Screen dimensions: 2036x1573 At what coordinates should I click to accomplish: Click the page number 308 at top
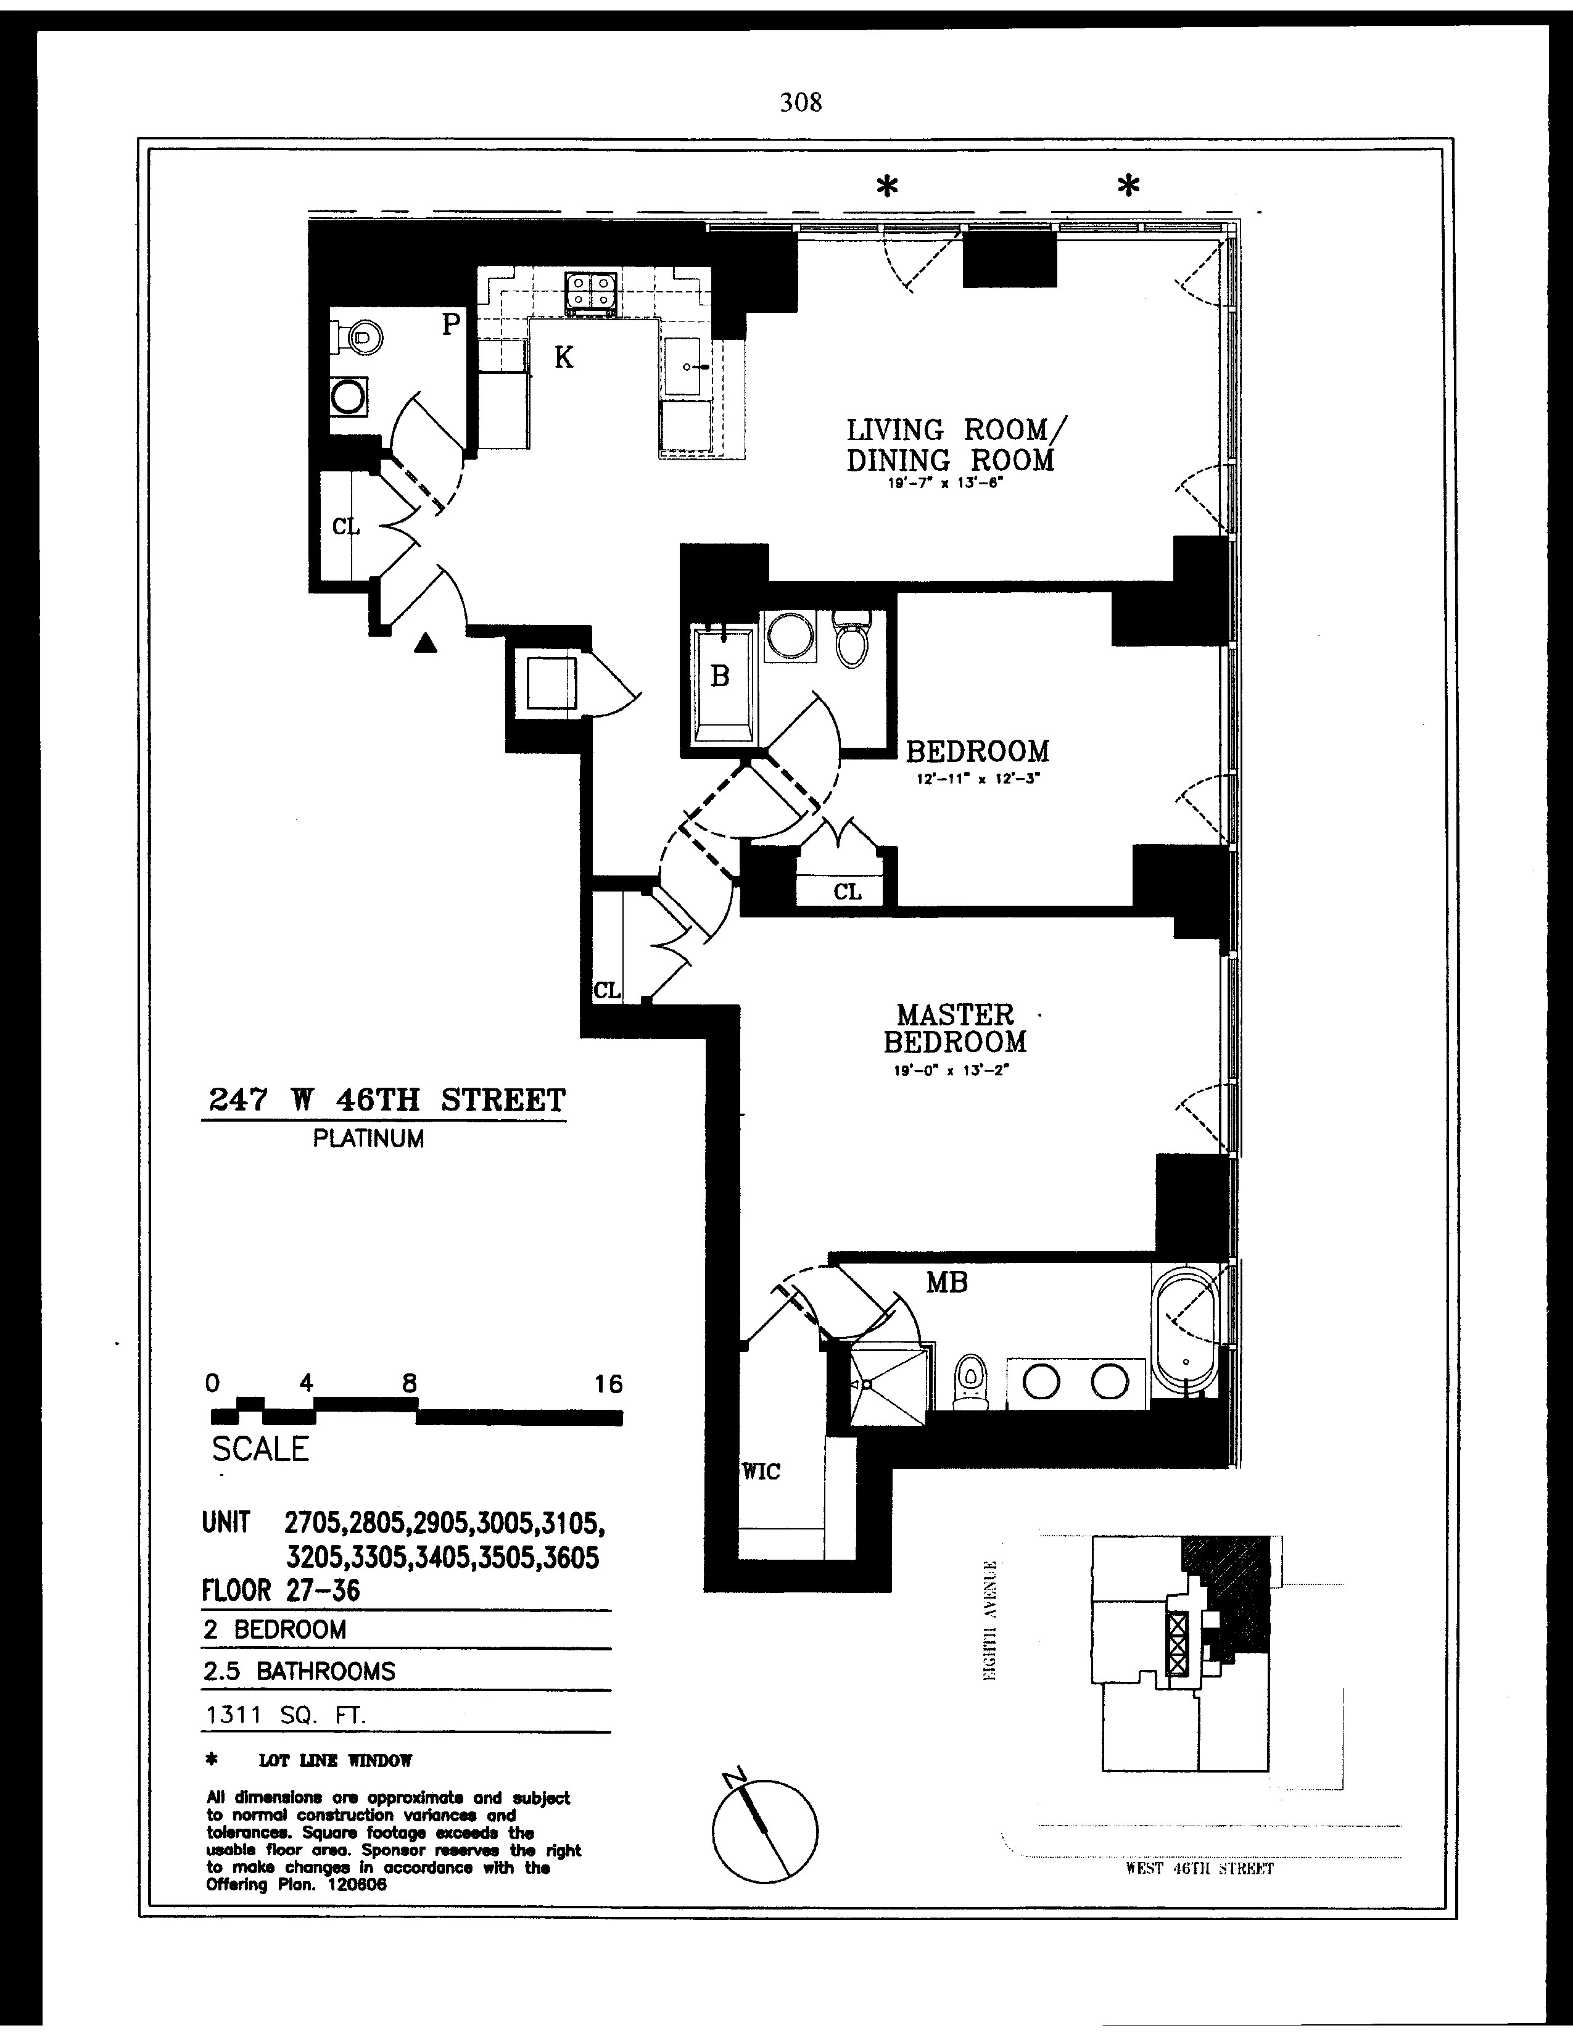(x=801, y=102)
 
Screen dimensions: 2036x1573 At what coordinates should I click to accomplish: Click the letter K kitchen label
(x=564, y=357)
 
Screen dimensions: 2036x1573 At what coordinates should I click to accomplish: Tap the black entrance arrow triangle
(x=425, y=642)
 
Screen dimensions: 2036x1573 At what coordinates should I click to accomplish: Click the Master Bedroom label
(x=954, y=1028)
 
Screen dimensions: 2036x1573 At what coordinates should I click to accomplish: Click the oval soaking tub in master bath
(x=1186, y=1332)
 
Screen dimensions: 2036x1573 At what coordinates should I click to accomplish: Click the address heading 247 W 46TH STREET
(x=384, y=1100)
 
